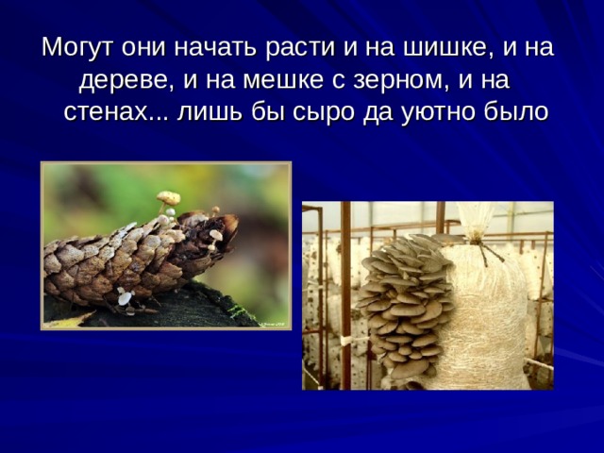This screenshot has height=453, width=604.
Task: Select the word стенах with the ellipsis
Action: tap(116, 113)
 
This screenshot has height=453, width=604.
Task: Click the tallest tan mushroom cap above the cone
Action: tap(168, 197)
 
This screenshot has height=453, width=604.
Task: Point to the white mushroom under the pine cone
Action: tap(126, 297)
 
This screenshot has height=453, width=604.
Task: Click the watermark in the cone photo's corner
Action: tap(275, 325)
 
